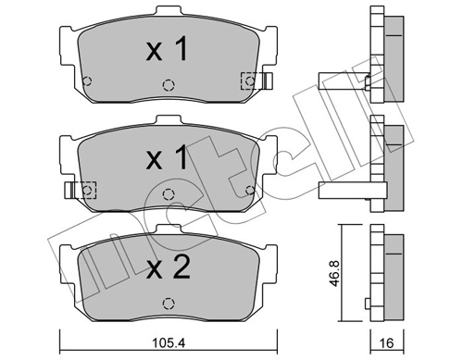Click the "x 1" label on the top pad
click(168, 50)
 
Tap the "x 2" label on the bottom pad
click(168, 269)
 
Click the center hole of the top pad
click(168, 84)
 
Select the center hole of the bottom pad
click(168, 303)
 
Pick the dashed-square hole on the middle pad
click(87, 190)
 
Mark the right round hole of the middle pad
click(248, 190)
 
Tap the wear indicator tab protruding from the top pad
click(267, 81)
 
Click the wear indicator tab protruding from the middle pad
click(68, 191)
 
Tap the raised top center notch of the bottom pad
click(168, 229)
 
